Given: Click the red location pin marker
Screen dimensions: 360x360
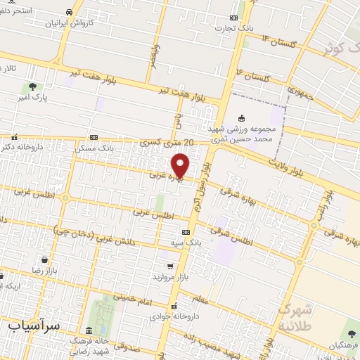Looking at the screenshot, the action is point(181,165).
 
